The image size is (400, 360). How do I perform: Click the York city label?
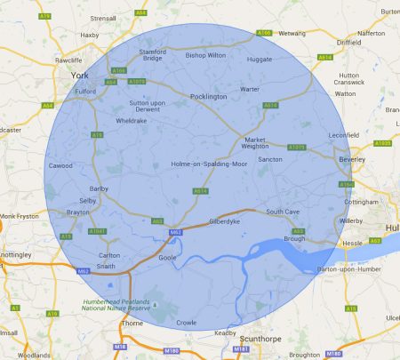pos(81,76)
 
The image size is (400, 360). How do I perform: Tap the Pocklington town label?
pos(209,96)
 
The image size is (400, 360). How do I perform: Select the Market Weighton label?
pos(256,143)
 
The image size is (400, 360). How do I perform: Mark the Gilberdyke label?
pos(224,220)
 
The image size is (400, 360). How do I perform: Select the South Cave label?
pos(284,212)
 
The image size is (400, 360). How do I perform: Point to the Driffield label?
pos(349,42)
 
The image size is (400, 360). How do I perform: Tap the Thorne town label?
pos(131,324)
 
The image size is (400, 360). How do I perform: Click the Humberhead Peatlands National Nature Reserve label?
pos(118,305)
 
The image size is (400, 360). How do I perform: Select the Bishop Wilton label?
pos(206,55)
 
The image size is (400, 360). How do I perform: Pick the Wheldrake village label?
pos(132,120)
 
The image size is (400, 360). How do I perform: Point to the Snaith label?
pos(107,266)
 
